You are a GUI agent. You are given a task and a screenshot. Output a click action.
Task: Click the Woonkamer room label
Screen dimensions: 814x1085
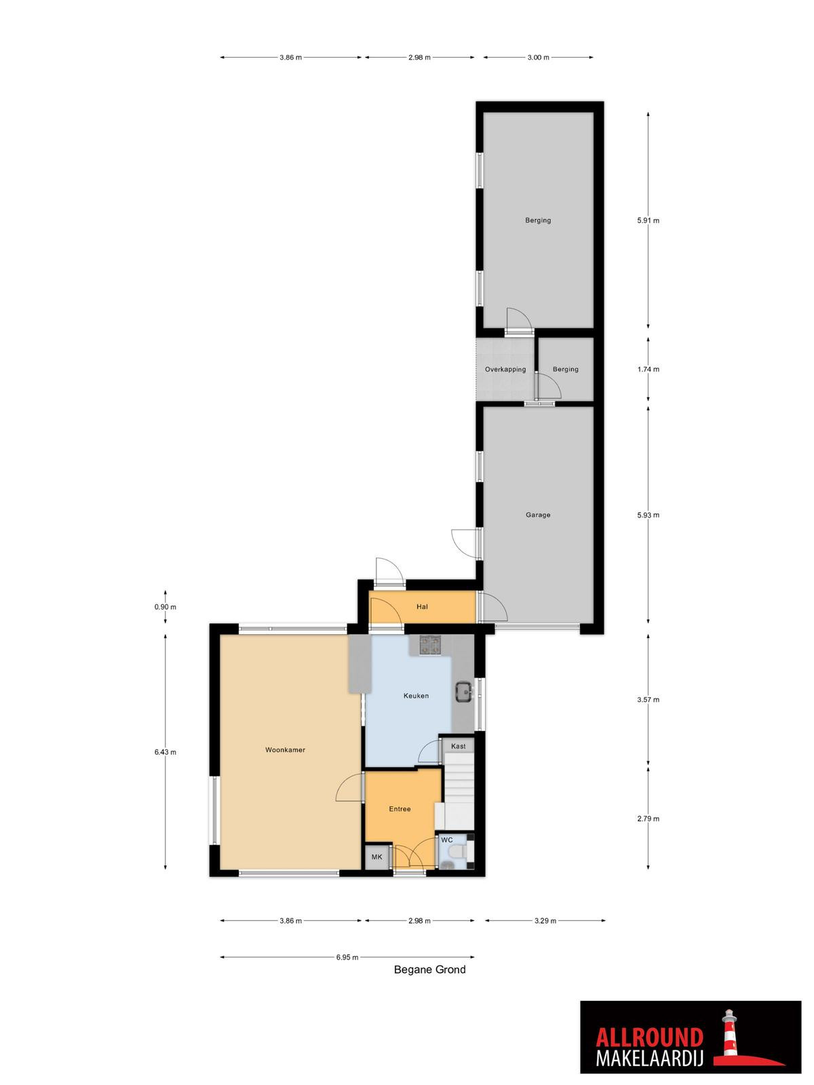tap(285, 750)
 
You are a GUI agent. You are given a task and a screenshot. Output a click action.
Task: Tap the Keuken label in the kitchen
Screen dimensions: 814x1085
tap(416, 696)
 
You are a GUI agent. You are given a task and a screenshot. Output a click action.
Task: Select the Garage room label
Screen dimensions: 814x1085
tap(538, 515)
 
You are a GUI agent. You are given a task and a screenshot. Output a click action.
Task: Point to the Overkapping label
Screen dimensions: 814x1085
tap(505, 370)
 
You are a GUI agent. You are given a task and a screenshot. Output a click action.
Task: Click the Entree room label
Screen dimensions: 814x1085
tap(400, 809)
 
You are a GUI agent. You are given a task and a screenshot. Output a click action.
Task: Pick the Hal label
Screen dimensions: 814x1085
tap(422, 607)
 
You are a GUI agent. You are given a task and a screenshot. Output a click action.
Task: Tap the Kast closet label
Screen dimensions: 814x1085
tap(458, 747)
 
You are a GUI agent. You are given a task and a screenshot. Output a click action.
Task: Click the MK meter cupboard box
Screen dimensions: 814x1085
tap(377, 857)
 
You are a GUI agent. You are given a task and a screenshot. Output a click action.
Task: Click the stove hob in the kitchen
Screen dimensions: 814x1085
tap(430, 645)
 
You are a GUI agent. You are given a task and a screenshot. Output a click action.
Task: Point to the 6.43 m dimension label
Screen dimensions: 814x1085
tap(165, 752)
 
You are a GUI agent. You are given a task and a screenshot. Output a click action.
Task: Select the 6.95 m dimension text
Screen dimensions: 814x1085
tap(347, 958)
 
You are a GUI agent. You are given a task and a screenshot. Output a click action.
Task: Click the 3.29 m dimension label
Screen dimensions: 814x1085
tap(545, 921)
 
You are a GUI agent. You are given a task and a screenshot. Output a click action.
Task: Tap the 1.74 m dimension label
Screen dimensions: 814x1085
tap(648, 370)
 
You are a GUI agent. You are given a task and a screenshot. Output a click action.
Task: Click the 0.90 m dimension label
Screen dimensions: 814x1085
tap(165, 607)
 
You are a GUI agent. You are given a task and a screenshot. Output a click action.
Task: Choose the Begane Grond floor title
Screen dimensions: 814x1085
tap(429, 970)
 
